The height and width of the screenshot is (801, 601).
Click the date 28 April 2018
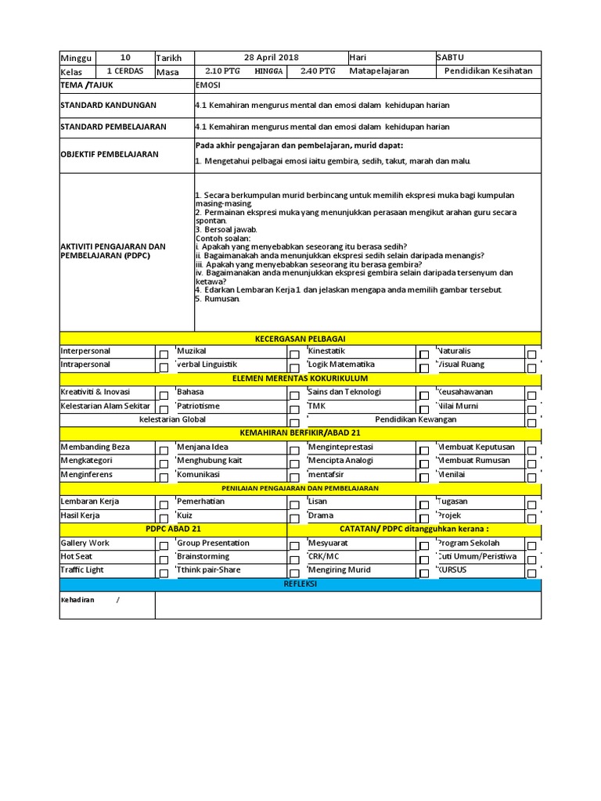(271, 58)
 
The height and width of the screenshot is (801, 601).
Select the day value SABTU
(452, 58)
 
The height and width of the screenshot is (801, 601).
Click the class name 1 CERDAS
(124, 71)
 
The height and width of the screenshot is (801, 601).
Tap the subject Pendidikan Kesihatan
(488, 71)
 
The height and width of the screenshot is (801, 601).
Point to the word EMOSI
(207, 85)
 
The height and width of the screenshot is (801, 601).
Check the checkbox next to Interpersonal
(163, 354)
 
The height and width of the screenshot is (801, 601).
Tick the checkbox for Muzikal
(294, 354)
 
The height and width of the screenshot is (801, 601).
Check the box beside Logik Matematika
(423, 368)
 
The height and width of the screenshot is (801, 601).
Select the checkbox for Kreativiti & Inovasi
(163, 395)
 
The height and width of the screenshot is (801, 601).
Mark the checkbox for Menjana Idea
(294, 450)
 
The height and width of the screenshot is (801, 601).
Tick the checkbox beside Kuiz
(294, 519)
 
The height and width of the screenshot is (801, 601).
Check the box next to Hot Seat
(163, 559)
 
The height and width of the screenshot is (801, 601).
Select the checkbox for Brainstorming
(294, 559)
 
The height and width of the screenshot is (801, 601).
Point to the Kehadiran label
(77, 599)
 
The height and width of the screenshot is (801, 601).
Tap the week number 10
(125, 58)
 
